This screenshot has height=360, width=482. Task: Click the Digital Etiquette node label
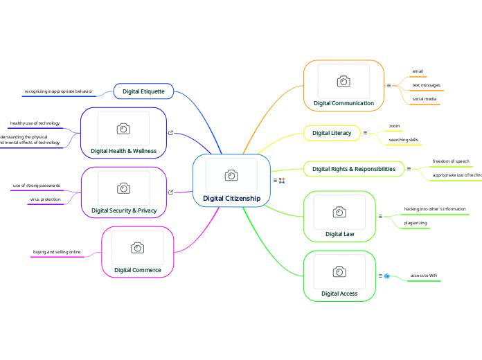pos(143,91)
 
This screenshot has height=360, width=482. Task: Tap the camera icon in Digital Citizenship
pos(231,175)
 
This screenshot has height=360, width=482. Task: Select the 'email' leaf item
pos(418,71)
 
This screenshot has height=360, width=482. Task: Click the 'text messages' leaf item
pos(426,85)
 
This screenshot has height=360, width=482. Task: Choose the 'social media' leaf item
pos(425,99)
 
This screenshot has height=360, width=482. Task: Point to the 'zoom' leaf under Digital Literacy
pos(394,126)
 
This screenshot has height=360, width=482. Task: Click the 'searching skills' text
pos(403,140)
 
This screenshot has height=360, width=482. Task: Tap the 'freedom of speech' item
pos(451,161)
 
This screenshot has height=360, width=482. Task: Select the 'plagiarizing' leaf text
pos(416,223)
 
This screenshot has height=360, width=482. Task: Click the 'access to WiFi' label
pos(423,276)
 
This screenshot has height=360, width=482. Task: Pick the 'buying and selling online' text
pos(57,252)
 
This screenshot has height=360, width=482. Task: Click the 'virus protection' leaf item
pos(45,199)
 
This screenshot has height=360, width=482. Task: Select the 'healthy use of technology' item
pos(35,123)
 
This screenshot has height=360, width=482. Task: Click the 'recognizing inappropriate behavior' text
pos(58,91)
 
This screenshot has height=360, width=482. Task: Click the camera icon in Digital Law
pos(339,212)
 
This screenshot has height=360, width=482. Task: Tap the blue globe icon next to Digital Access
pos(387,276)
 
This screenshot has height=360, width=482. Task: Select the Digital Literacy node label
pos(332,133)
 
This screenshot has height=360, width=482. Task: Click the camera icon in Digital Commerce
pos(137,248)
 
